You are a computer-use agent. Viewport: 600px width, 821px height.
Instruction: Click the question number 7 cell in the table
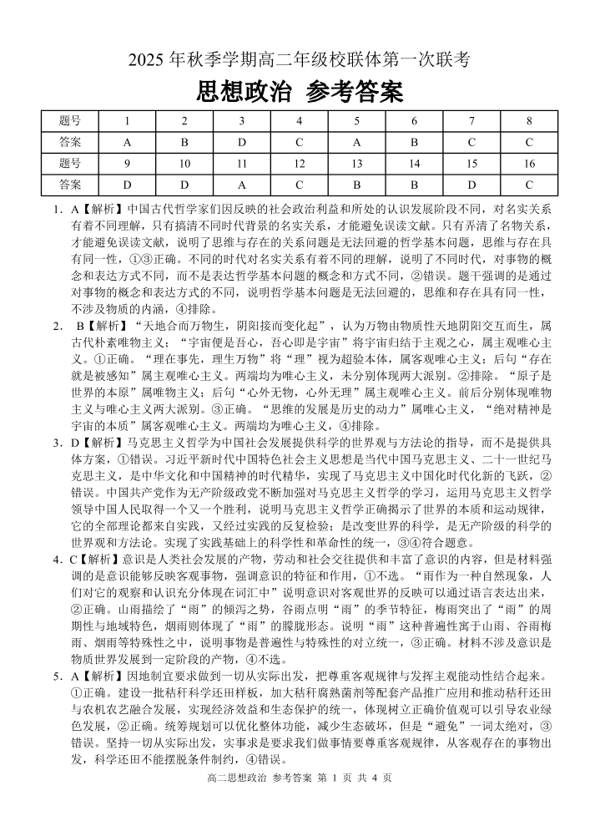471,120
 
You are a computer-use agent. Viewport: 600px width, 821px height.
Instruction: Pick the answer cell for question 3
242,141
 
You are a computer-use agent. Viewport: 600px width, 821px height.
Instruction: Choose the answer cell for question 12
299,184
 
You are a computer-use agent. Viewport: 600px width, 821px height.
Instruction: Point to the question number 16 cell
529,163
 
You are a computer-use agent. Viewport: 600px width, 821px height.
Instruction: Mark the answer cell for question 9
127,184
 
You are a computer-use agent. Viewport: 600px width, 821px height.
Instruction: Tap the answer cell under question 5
356,141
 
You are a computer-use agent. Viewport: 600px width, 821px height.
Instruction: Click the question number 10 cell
184,163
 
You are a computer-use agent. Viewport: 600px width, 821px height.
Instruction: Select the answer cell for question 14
414,184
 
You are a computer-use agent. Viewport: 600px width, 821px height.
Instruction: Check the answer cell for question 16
529,184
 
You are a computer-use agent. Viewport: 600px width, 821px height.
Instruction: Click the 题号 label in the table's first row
70,120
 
